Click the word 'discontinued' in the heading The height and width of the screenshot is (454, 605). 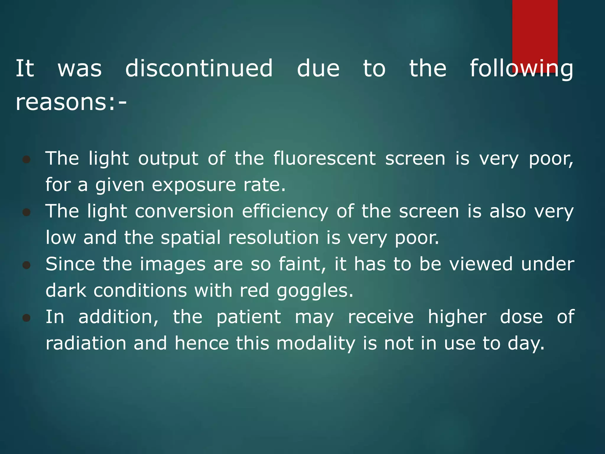click(199, 68)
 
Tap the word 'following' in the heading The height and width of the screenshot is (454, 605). click(521, 69)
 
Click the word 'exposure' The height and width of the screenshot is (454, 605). click(194, 185)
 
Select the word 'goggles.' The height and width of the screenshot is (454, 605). click(315, 291)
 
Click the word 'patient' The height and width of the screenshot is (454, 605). click(248, 317)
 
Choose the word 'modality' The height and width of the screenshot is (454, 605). click(316, 344)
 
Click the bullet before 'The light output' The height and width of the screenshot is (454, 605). click(27, 160)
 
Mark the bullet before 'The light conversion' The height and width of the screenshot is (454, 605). click(27, 212)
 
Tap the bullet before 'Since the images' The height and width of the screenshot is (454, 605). click(27, 265)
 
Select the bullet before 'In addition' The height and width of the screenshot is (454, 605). click(27, 318)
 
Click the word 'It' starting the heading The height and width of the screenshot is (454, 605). click(25, 68)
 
